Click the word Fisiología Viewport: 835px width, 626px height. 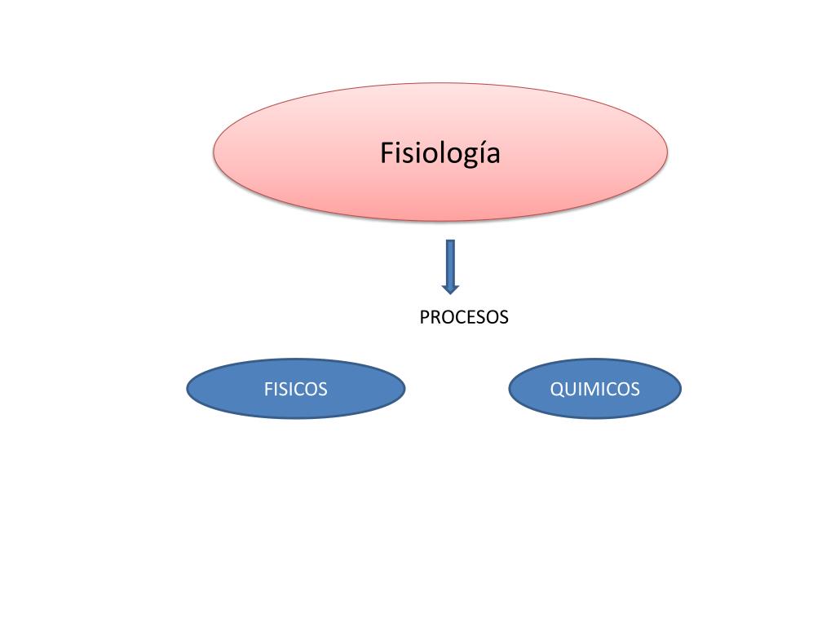point(440,153)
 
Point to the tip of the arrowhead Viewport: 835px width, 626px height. point(450,293)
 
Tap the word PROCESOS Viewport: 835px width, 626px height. point(463,317)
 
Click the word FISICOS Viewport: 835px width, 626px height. point(295,389)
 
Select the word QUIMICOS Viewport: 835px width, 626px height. point(594,389)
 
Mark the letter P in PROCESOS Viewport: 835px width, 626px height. point(424,317)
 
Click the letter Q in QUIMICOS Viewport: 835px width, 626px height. point(557,389)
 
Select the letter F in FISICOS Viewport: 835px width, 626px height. point(268,389)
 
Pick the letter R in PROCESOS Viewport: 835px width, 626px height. point(435,317)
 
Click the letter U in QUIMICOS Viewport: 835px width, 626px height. point(570,389)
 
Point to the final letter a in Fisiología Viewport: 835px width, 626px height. point(491,154)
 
